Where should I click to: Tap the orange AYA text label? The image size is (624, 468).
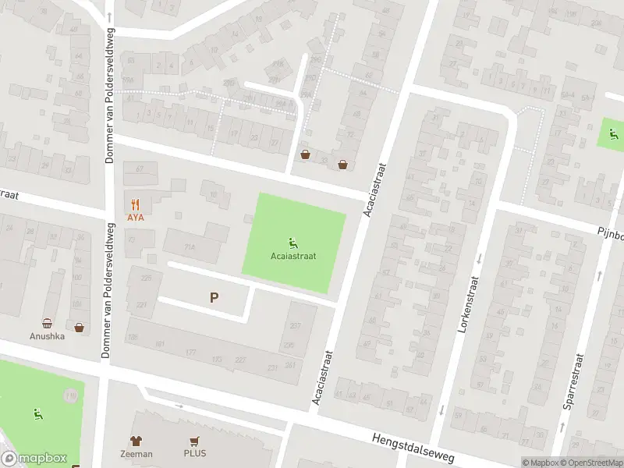(x=135, y=217)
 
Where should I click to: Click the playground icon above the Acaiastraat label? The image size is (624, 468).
(x=293, y=241)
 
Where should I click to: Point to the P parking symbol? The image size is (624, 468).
(x=214, y=296)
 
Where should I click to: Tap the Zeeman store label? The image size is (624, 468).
(x=136, y=453)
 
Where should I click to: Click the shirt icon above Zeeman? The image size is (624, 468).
(x=136, y=441)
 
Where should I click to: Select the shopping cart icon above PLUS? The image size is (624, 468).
(x=194, y=441)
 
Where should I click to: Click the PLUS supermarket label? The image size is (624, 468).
(x=195, y=453)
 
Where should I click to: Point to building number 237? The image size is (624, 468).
(x=294, y=325)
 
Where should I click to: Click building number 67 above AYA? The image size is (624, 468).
(x=140, y=169)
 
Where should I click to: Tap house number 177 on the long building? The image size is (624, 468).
(x=190, y=353)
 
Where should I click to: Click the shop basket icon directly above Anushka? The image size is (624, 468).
(x=47, y=323)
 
